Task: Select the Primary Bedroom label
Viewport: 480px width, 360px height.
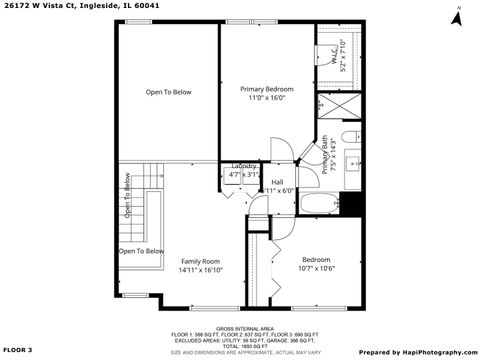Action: click(266, 89)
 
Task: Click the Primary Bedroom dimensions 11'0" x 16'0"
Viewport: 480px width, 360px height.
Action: click(267, 98)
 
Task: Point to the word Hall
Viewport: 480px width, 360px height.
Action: click(277, 181)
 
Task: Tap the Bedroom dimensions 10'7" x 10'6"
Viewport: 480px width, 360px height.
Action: click(316, 268)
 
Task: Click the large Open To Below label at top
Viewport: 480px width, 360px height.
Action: click(168, 92)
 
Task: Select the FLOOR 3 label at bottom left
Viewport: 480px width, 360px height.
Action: click(18, 350)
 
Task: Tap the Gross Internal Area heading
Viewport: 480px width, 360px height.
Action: click(240, 327)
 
